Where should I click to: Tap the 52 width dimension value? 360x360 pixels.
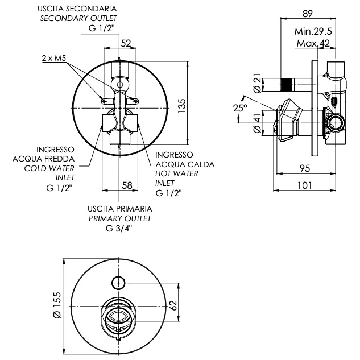tap(126, 43)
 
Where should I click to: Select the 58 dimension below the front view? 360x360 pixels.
tap(127, 185)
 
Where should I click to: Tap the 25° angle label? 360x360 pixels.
tap(240, 107)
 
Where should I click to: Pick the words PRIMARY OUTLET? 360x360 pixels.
tap(120, 218)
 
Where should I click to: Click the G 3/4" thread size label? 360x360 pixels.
tap(119, 229)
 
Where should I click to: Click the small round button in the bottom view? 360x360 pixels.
tap(119, 281)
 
